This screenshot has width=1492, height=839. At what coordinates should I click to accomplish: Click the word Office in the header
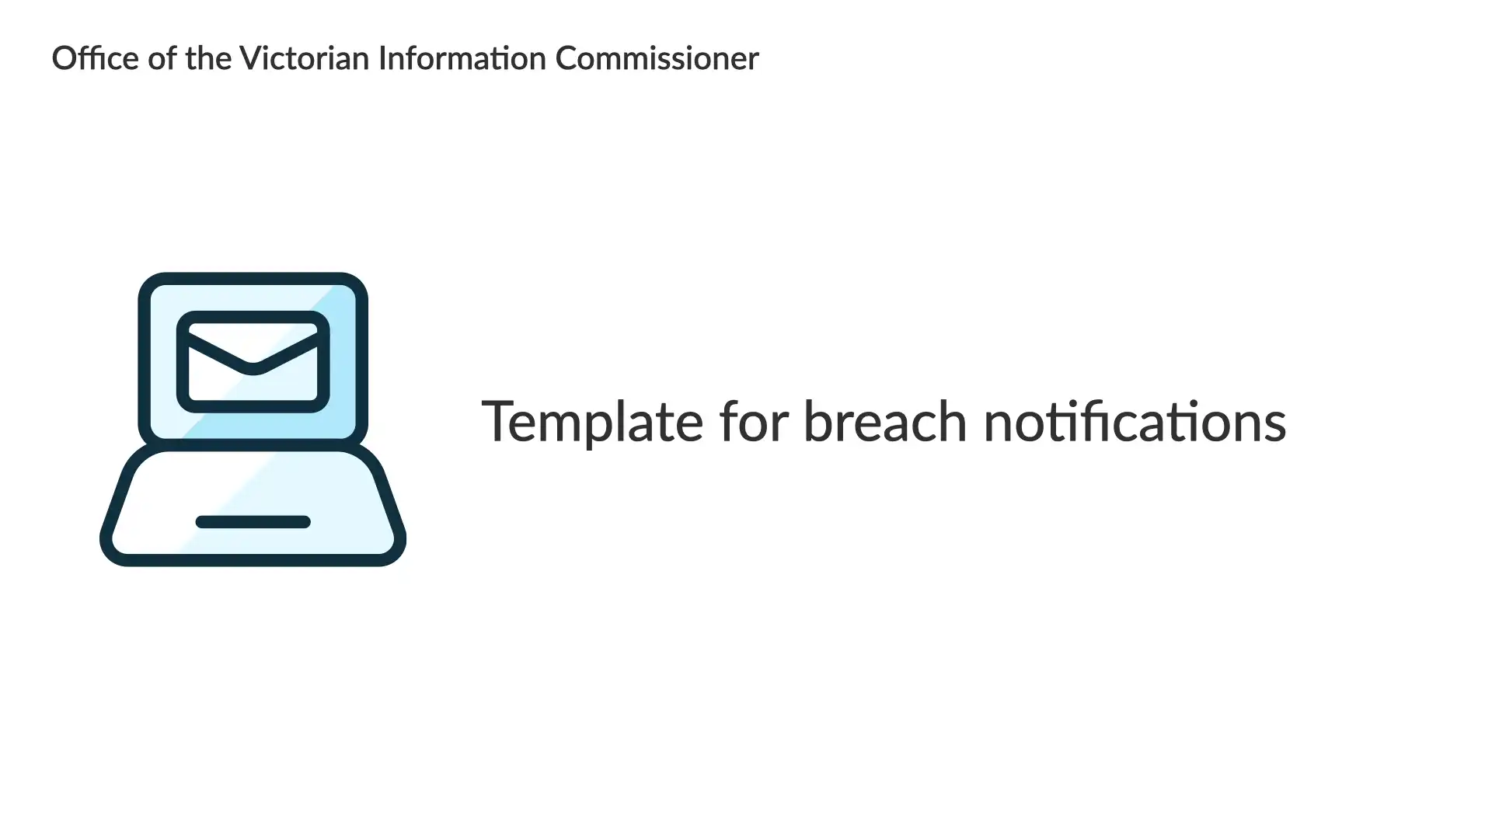[95, 58]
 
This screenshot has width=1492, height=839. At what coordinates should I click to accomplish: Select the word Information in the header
[462, 58]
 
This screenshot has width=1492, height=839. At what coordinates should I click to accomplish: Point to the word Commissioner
[657, 58]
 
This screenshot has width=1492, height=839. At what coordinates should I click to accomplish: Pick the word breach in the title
[886, 421]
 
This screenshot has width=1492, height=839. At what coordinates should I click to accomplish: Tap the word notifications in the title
[1135, 421]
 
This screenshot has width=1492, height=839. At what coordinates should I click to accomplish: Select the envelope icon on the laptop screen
[253, 362]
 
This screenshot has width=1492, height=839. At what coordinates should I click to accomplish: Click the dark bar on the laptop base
[253, 522]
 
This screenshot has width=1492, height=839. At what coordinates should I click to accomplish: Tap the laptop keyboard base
[253, 505]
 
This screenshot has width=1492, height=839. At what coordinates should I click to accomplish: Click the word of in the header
[162, 58]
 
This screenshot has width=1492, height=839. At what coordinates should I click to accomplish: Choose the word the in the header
[208, 58]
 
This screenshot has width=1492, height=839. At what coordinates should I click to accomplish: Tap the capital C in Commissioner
[568, 58]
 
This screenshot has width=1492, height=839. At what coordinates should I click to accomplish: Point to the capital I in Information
[382, 58]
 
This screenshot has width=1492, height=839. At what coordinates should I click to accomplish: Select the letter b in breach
[819, 421]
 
